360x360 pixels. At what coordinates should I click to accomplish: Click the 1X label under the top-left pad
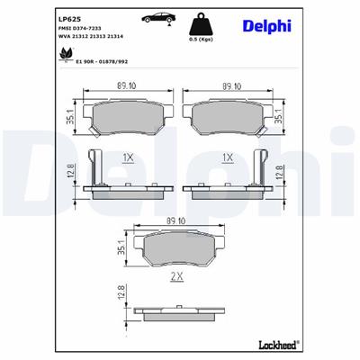click(x=126, y=157)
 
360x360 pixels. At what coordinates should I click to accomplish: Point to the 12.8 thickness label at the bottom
click(x=121, y=294)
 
